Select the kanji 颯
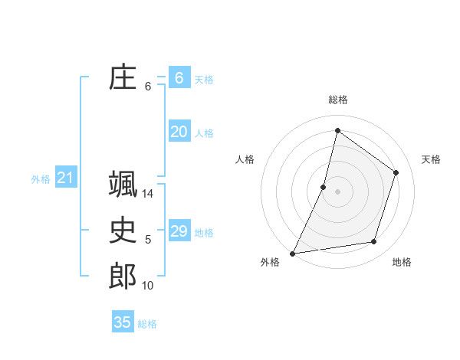click(123, 185)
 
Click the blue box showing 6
click(179, 78)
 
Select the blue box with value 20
click(179, 132)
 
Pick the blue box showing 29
click(179, 231)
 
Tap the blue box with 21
click(65, 178)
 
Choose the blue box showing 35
click(123, 322)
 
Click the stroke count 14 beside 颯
click(148, 194)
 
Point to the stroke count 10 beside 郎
click(148, 286)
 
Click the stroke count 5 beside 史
click(148, 240)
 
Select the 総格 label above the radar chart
click(337, 100)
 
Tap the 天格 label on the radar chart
click(431, 159)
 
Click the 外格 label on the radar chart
click(270, 262)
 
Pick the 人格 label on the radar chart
click(245, 159)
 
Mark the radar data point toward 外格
click(293, 253)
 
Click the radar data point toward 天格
click(396, 172)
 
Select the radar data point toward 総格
click(337, 130)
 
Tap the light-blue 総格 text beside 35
click(147, 324)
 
